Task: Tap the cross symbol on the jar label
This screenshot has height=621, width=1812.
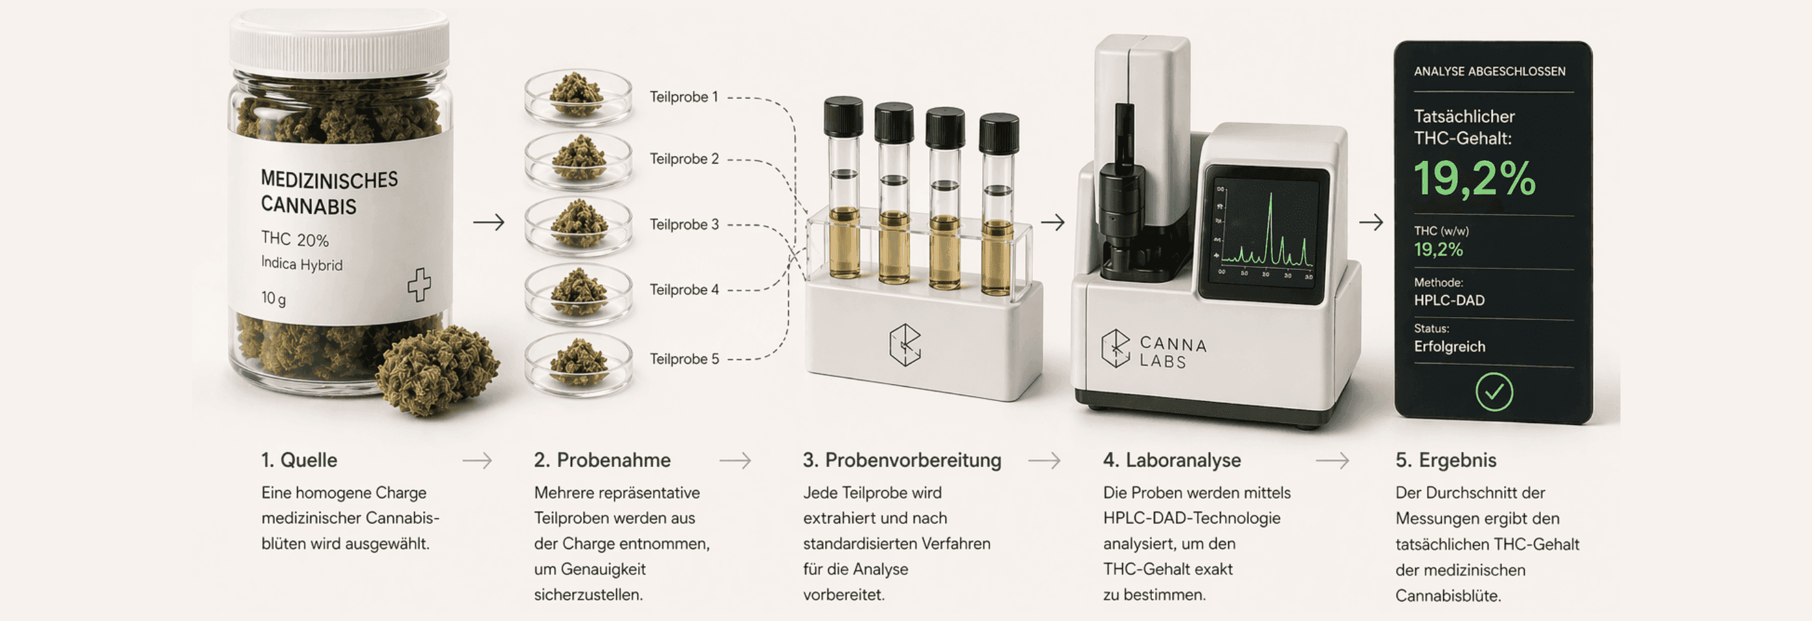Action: tap(419, 285)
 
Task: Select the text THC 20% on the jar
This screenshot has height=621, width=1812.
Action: tap(294, 239)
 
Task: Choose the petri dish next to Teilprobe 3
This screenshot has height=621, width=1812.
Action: tap(578, 226)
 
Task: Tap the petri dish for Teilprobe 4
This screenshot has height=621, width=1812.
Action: tap(578, 293)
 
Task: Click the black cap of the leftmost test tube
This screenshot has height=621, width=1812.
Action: tap(843, 116)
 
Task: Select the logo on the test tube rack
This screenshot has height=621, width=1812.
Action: tap(905, 345)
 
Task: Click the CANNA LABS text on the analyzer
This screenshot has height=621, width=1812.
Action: tap(1173, 353)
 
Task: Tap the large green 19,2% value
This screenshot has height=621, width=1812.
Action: tap(1474, 179)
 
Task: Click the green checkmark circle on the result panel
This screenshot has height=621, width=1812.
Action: tap(1494, 392)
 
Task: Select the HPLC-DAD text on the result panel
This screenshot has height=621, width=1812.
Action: tap(1449, 300)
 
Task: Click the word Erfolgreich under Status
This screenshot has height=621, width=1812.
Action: tap(1450, 347)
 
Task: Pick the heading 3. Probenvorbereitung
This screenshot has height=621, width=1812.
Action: tap(901, 460)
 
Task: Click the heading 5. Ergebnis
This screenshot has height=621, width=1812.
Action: tap(1446, 460)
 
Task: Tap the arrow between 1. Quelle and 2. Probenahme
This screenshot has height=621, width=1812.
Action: tap(478, 461)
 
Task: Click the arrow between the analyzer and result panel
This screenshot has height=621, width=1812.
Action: tap(1371, 223)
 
